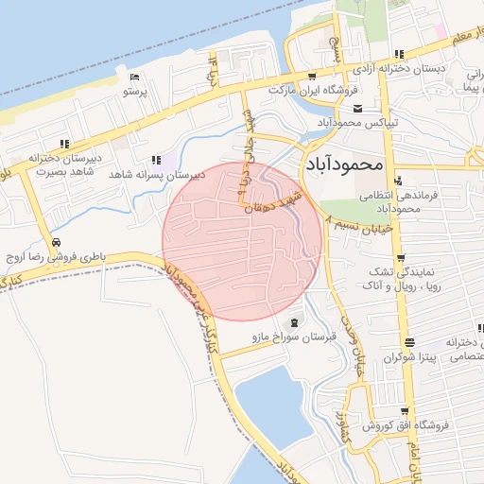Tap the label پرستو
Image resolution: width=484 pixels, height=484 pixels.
(x=137, y=93)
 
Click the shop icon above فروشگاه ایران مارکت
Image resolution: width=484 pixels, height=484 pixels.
(x=313, y=76)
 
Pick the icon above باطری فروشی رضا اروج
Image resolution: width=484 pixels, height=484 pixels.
(x=56, y=242)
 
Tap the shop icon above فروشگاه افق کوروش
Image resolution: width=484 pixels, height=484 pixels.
(x=405, y=411)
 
